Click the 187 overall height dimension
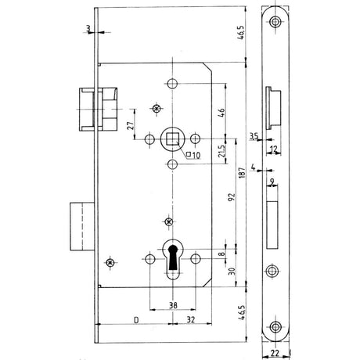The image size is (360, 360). tap(242, 173)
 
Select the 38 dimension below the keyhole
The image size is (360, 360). tap(173, 305)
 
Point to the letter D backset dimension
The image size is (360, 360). tap(136, 320)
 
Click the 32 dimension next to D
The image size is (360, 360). tap(191, 320)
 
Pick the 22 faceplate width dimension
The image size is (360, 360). tap(275, 353)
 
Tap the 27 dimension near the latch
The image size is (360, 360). tap(131, 125)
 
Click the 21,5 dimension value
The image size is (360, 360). tap(221, 151)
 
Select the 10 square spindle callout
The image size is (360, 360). tap(193, 155)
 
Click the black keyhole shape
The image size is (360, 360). tap(173, 257)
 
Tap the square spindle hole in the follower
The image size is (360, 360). tap(173, 139)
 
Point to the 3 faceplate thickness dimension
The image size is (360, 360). tap(88, 28)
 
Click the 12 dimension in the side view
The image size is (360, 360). tap(273, 149)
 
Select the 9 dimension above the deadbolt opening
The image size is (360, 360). tap(272, 182)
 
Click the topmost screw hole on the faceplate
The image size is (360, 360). tap(275, 22)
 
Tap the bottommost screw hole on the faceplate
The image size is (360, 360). tap(275, 327)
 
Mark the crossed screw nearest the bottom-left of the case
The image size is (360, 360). tap(110, 262)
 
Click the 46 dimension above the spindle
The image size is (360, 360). tap(221, 113)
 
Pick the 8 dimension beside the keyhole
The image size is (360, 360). tap(221, 254)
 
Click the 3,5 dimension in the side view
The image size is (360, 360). tap(254, 136)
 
